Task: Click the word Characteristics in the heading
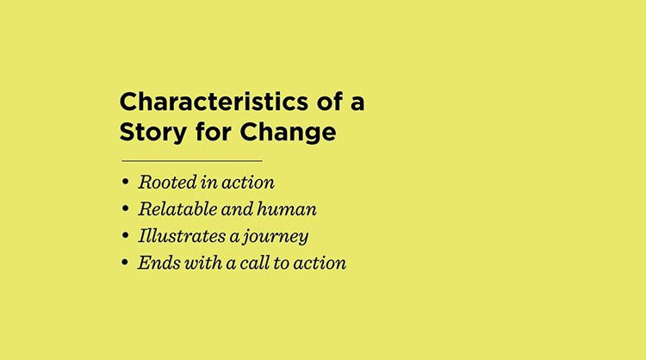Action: tap(214, 102)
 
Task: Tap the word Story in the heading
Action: tap(152, 133)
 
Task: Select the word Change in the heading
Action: tap(288, 133)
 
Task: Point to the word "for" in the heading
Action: tap(213, 132)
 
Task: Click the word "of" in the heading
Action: tap(330, 101)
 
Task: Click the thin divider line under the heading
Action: tap(192, 161)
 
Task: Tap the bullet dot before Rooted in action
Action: tap(126, 182)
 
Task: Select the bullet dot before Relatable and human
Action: tap(126, 208)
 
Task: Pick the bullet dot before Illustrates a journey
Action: tap(126, 236)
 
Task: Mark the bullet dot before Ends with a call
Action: tap(125, 263)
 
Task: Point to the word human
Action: tap(287, 208)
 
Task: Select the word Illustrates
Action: tap(182, 236)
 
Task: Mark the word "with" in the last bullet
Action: tap(203, 263)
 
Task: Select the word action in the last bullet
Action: tap(320, 264)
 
